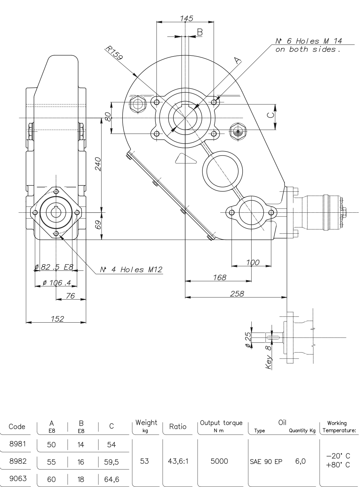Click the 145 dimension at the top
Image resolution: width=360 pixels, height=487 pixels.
(186, 18)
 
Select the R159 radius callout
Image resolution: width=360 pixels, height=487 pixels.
(114, 53)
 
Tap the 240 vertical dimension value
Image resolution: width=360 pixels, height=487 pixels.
(98, 164)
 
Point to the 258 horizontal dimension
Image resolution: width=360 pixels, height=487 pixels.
(237, 293)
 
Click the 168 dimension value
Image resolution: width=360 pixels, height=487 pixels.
(220, 278)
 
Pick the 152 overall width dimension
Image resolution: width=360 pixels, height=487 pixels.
(57, 319)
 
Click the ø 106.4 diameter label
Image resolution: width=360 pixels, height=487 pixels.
(57, 283)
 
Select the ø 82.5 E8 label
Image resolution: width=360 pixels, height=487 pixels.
(54, 267)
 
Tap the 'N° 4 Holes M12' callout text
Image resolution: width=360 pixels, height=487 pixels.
(131, 269)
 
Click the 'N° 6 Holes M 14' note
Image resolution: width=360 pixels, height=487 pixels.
(309, 41)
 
